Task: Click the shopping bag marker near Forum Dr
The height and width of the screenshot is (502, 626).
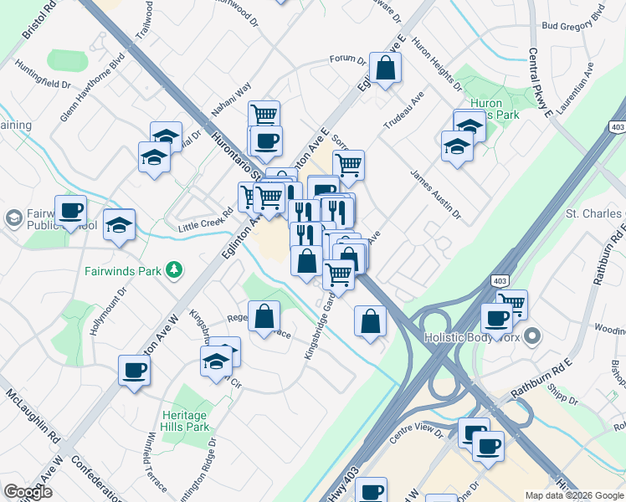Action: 385,69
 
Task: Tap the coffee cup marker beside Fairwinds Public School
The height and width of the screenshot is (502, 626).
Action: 70,211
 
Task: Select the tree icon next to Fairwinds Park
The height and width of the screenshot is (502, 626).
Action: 174,269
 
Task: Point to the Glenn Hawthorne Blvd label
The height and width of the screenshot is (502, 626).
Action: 93,89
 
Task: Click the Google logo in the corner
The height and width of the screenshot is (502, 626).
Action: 28,492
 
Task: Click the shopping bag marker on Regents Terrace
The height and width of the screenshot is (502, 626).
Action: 264,316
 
